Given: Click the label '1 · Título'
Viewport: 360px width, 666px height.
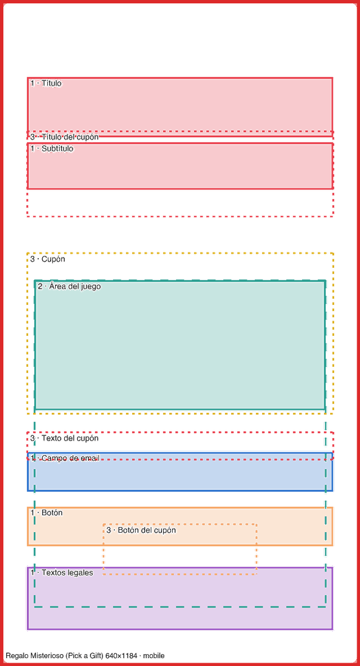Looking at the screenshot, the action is pos(46,83).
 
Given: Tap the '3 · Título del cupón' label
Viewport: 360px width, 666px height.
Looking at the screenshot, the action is pos(65,137).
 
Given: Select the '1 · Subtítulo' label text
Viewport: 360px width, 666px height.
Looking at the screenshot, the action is pos(52,148).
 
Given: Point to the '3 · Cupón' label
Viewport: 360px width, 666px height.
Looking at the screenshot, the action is pos(48,259).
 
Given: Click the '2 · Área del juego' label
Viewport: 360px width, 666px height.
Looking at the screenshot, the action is pos(69,286).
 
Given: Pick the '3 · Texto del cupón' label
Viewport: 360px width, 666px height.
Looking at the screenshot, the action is pos(65,438).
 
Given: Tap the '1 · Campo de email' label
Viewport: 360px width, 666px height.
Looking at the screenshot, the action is pos(65,458).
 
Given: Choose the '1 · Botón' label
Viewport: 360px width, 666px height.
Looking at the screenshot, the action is pos(46,512).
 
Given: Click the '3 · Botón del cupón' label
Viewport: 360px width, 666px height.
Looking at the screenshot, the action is pos(141,530).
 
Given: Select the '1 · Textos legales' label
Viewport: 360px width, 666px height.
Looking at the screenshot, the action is pos(61,573).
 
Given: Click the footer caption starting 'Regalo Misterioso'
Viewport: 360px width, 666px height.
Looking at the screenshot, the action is pos(85,656).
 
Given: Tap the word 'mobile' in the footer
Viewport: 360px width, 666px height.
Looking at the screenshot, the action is pos(154,656).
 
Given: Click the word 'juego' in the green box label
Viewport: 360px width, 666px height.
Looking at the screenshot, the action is pos(91,287).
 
